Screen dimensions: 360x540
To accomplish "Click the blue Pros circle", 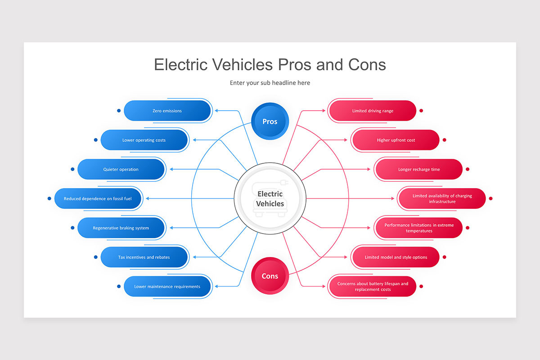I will [270, 121].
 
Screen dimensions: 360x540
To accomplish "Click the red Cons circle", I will [270, 276].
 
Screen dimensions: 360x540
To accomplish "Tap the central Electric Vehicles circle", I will [270, 198].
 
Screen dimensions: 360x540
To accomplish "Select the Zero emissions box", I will [167, 111].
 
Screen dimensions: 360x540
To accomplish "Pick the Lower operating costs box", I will [144, 140].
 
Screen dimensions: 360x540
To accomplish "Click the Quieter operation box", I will [121, 170].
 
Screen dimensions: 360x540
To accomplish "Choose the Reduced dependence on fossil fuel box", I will [98, 198].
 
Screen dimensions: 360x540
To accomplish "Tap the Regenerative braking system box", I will [121, 228].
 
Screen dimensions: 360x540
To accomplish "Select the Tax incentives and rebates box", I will [144, 257].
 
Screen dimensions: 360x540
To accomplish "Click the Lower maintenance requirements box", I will [167, 287].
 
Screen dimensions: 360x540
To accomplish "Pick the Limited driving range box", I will [373, 111].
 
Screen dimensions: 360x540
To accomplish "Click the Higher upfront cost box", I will [396, 140].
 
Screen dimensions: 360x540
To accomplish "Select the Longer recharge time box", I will [419, 170].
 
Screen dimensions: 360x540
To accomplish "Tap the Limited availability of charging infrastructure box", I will [442, 198].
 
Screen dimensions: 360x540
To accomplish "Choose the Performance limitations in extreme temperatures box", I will [419, 228].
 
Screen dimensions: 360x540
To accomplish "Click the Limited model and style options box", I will [396, 257].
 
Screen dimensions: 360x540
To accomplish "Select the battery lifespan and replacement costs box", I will [373, 287].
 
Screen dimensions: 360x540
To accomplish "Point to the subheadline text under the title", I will [270, 83].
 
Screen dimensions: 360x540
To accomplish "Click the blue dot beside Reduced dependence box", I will [49, 198].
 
